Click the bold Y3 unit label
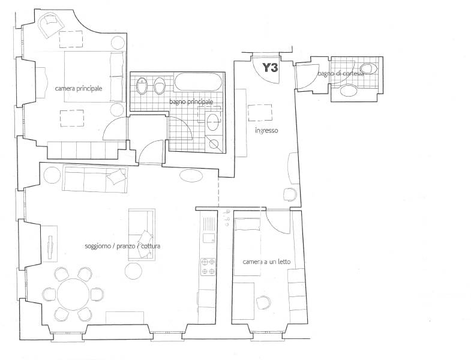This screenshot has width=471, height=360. point(270,68)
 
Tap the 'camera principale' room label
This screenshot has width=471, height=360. point(79,89)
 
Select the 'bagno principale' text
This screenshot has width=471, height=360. point(191,102)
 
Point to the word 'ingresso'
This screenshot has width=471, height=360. point(266,130)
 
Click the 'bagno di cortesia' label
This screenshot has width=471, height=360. point(341,74)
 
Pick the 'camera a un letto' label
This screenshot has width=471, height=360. point(266,262)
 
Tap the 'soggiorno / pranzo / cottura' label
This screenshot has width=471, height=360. point(122,246)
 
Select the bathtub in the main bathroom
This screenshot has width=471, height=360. point(198,82)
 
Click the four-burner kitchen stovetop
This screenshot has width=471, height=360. point(208,266)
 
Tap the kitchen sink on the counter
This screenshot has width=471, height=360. point(209,238)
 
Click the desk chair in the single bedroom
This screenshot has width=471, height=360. point(263,302)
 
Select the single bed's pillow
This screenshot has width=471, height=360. point(248,224)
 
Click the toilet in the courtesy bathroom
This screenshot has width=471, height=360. point(368,69)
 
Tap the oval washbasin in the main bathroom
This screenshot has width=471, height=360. point(213,122)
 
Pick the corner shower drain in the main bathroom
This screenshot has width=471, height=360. point(214,144)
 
